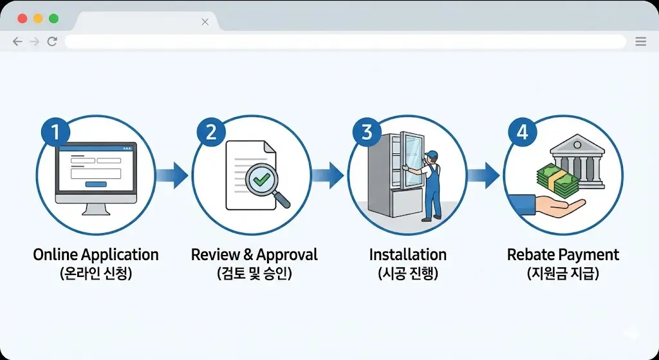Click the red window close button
23,19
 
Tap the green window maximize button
53,19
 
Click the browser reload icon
52,42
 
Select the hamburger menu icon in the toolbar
640,42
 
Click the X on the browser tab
205,22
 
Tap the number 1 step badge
55,133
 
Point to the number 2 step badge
211,133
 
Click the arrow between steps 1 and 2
172,174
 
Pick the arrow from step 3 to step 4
483,174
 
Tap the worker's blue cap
431,154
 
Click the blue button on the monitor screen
95,184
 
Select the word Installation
407,254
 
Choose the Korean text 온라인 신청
95,274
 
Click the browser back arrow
17,42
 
